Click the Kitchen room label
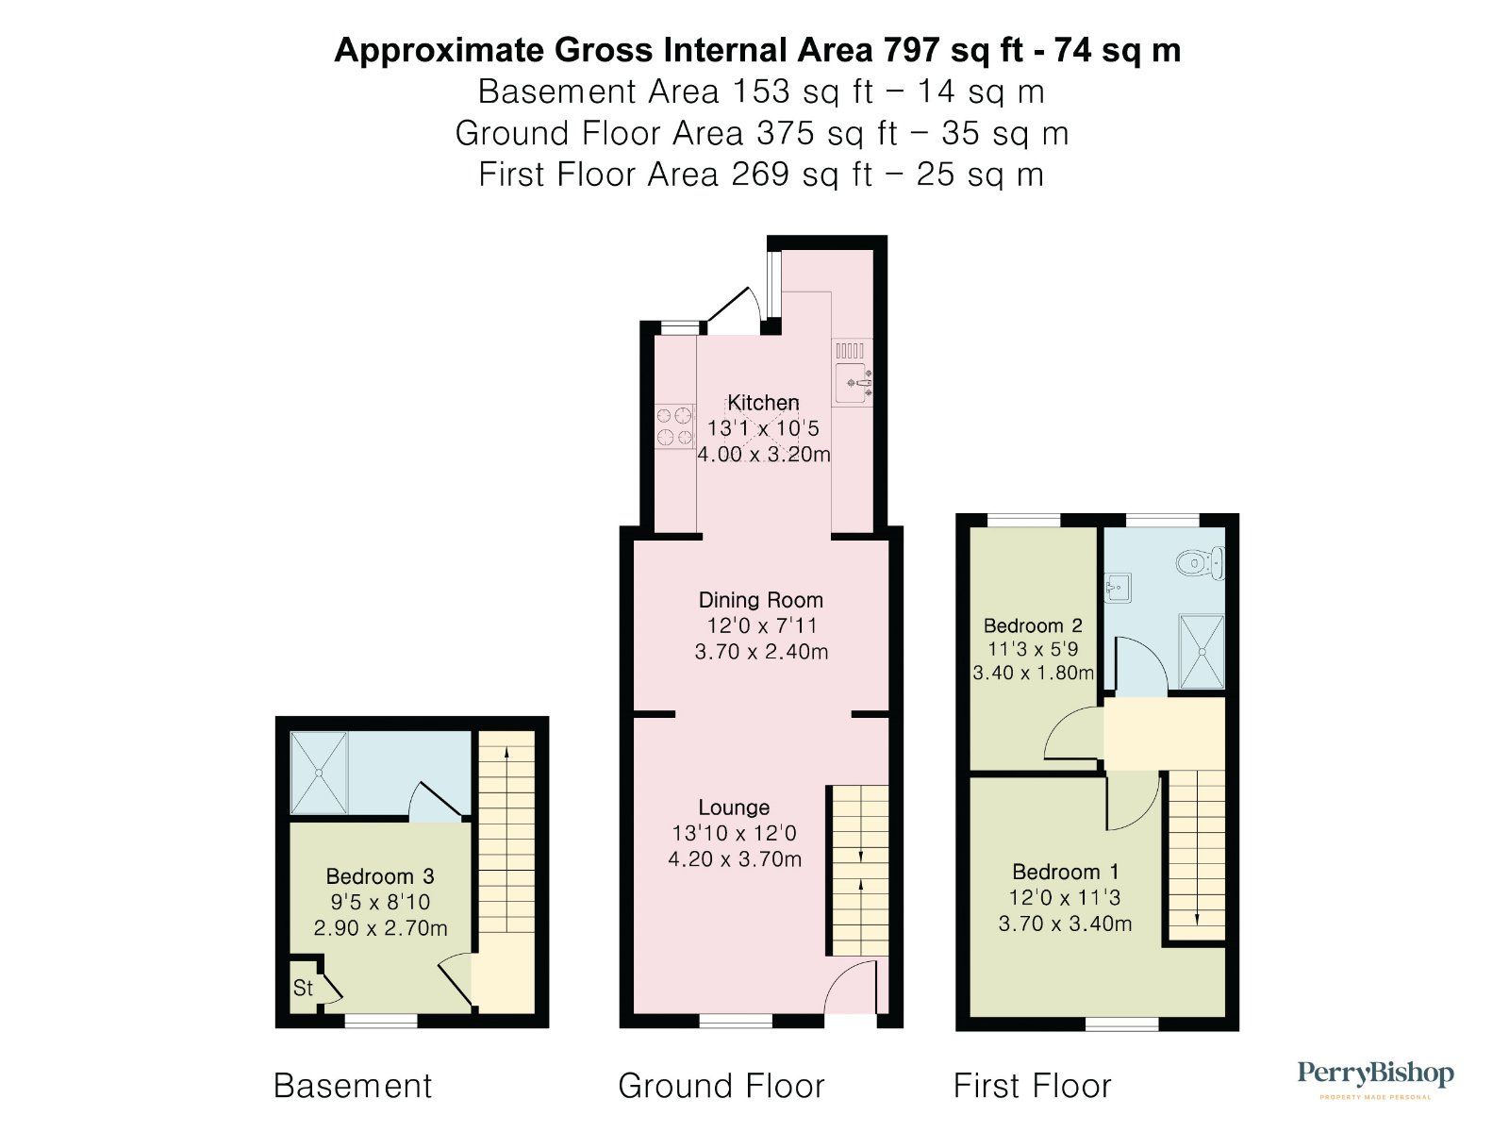point(763,403)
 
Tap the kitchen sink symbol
point(852,382)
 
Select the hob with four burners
point(673,425)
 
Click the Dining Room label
point(760,600)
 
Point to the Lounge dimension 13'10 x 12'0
point(734,833)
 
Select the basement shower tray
point(319,773)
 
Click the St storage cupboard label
point(303,989)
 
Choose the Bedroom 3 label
point(380,876)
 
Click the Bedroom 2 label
point(1033,625)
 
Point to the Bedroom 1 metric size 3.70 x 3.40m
point(1065,924)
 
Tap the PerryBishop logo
point(1375,1075)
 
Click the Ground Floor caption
point(721,1086)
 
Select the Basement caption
point(353,1086)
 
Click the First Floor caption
point(1032,1086)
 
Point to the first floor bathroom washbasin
point(1117,588)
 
